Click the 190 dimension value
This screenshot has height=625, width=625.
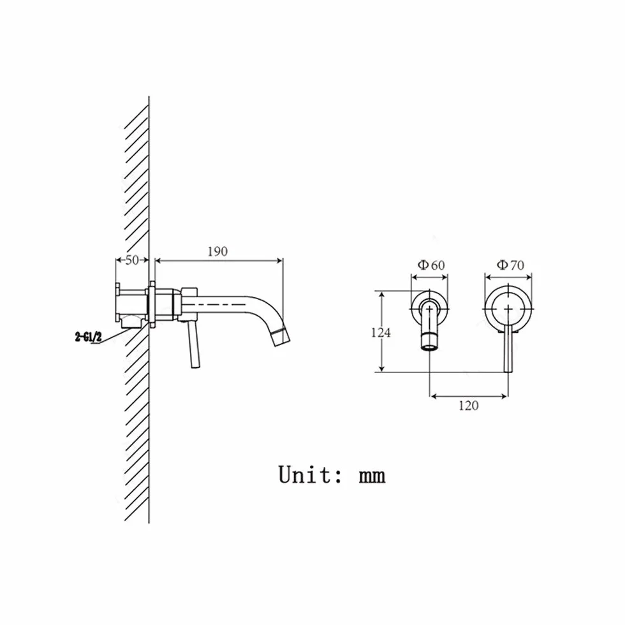(217, 251)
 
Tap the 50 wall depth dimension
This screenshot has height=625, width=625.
(132, 260)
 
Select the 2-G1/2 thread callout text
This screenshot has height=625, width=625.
(89, 337)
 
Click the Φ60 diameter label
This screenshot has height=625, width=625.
(431, 265)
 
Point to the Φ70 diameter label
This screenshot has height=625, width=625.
(510, 265)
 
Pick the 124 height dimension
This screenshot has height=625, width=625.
(381, 332)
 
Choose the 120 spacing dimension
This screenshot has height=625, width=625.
(468, 406)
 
